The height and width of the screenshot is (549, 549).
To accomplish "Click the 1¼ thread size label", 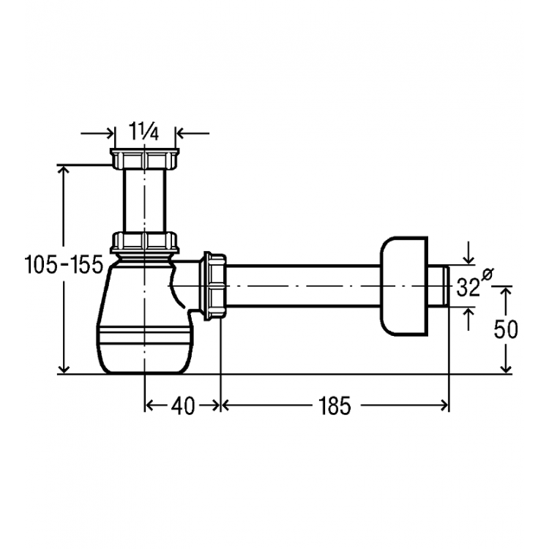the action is pyautogui.click(x=144, y=131).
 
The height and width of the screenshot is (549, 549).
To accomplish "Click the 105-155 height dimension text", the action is pyautogui.click(x=64, y=264).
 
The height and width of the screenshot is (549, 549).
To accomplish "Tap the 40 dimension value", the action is pyautogui.click(x=183, y=406).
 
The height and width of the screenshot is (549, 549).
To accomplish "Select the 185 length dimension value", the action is pyautogui.click(x=335, y=406).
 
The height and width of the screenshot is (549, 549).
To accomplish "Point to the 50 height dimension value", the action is pyautogui.click(x=506, y=329).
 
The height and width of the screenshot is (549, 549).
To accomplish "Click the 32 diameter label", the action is pyautogui.click(x=468, y=288).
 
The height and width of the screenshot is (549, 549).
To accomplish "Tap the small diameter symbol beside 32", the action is pyautogui.click(x=487, y=274).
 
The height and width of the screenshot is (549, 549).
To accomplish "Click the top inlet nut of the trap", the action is pyautogui.click(x=145, y=159).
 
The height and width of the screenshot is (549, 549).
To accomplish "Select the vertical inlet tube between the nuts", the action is pyautogui.click(x=144, y=201).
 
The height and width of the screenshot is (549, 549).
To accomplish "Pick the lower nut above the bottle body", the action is pyautogui.click(x=145, y=242).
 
